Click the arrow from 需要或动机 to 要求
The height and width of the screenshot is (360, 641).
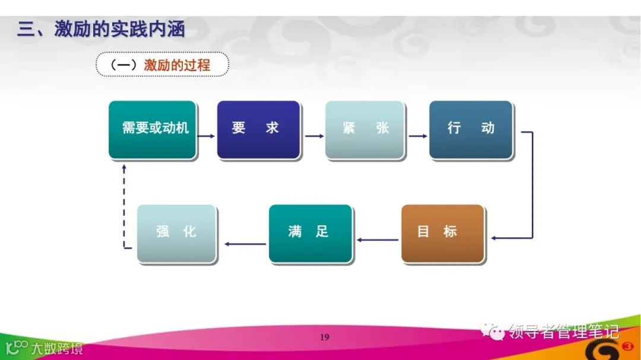(x=207, y=136)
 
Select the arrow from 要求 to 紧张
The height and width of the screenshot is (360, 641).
(x=314, y=136)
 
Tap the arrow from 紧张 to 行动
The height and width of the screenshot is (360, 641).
(x=418, y=136)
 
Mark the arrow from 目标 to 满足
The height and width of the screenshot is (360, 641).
(x=377, y=240)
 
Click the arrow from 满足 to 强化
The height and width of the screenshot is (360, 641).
(x=245, y=244)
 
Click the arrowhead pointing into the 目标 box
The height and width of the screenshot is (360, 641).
(x=494, y=238)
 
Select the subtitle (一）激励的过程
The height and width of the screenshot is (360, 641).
(x=162, y=65)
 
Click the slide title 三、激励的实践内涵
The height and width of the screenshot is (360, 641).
(x=101, y=30)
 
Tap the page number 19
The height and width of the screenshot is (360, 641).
(x=324, y=337)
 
